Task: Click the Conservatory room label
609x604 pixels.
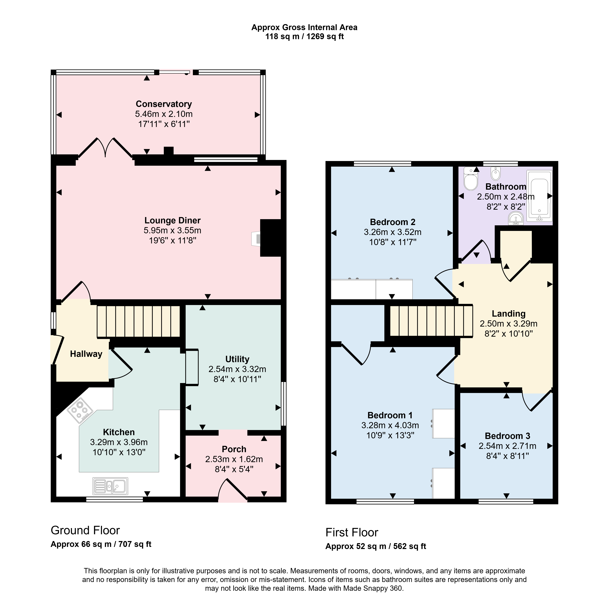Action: click(x=164, y=104)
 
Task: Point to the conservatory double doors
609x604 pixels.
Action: click(x=105, y=148)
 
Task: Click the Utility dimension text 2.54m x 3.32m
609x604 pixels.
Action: click(x=237, y=369)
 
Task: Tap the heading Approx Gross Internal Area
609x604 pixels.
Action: click(x=304, y=27)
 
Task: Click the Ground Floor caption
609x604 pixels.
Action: click(x=85, y=530)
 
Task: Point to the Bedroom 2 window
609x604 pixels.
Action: click(x=383, y=163)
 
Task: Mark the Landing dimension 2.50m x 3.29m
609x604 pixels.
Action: click(x=508, y=324)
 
